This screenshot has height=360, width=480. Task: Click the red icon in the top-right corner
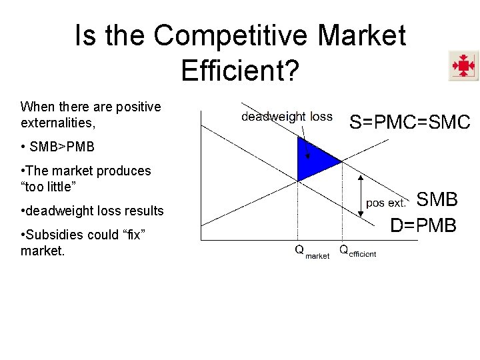pyautogui.click(x=463, y=66)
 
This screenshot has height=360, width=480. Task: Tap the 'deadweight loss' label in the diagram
pyautogui.click(x=287, y=117)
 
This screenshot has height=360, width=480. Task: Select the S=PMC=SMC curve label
pyautogui.click(x=410, y=122)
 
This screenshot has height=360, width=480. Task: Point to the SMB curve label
pyautogui.click(x=437, y=199)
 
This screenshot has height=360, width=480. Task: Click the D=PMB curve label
pyautogui.click(x=423, y=226)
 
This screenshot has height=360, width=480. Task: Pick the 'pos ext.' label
pyautogui.click(x=386, y=203)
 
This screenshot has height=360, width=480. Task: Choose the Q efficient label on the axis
pyautogui.click(x=357, y=251)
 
